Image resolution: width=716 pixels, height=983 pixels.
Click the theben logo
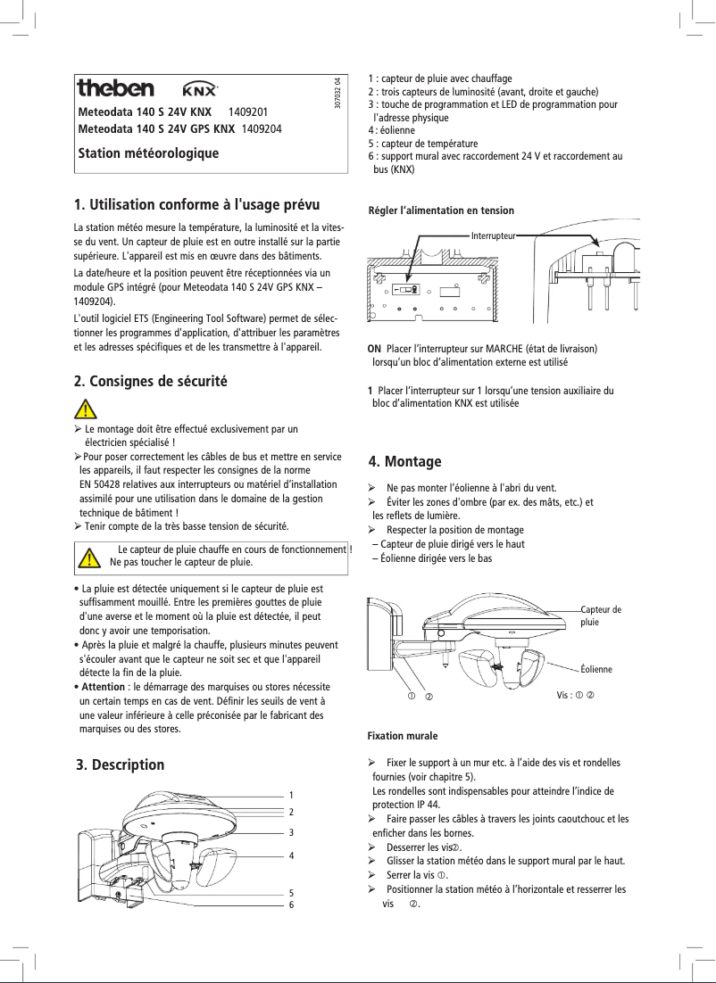115,88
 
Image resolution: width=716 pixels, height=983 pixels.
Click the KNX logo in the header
200,89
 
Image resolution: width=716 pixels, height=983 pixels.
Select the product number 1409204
262,128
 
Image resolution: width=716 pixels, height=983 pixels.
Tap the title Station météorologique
148,153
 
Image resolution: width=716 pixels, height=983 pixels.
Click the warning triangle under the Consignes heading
86,409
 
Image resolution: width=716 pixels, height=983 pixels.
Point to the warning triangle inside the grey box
88,558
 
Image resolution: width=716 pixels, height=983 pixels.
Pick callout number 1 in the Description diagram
291,795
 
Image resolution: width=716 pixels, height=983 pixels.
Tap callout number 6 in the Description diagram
291,905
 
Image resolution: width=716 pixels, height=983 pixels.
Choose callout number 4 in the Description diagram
291,855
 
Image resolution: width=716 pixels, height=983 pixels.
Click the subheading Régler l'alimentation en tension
441,211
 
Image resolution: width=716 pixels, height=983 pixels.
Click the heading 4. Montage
404,461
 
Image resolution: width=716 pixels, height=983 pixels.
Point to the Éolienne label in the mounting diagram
595,668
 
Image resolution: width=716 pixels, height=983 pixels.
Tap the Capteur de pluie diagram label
600,615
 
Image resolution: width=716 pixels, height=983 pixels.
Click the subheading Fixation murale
403,737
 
